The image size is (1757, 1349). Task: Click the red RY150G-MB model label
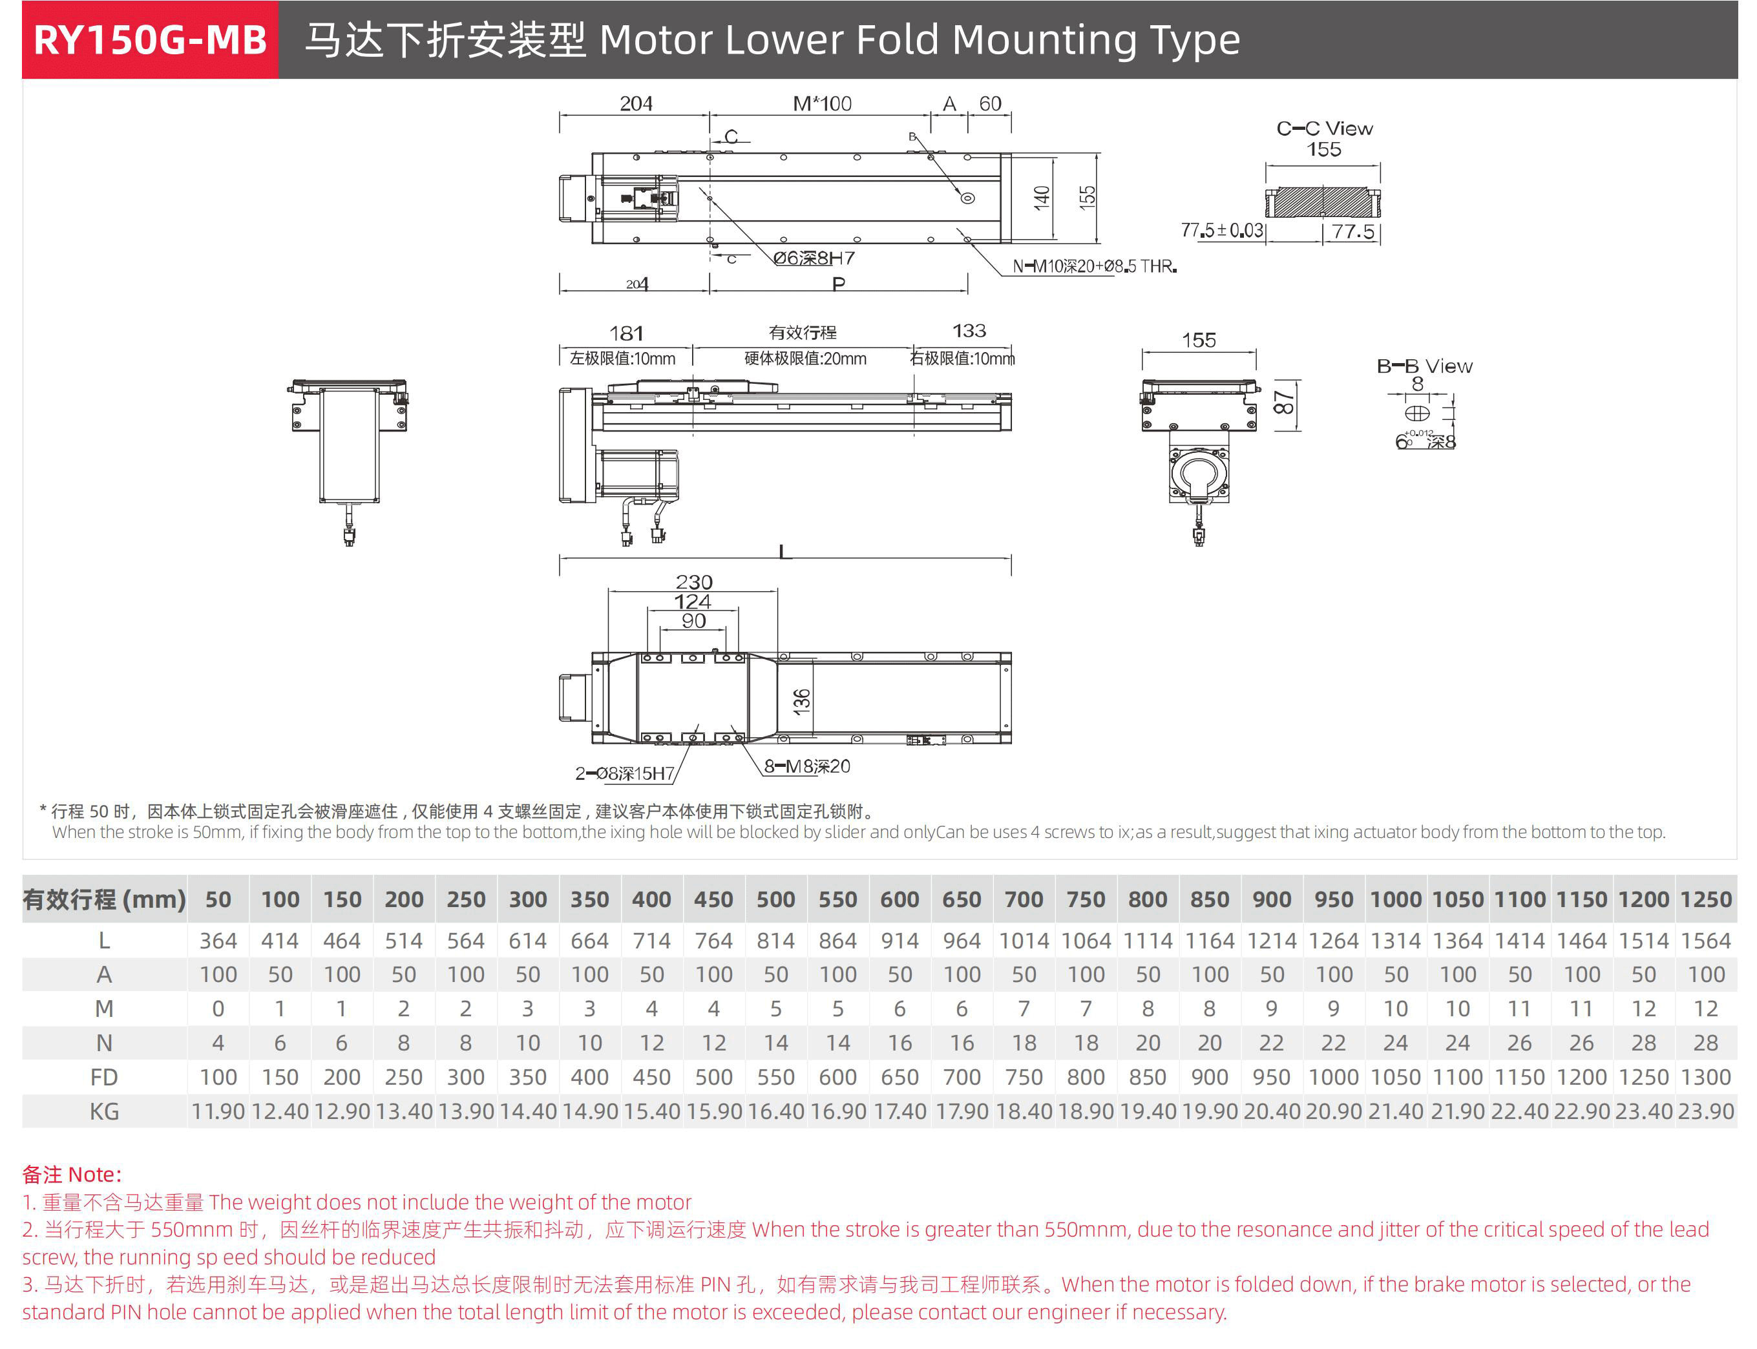click(x=150, y=40)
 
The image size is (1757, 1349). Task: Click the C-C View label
click(x=1324, y=129)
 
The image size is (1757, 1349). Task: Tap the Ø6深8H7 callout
click(x=814, y=258)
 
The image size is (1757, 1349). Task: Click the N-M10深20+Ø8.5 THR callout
click(x=1094, y=266)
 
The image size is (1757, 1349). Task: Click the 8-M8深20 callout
click(x=806, y=766)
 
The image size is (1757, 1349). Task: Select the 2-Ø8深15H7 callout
click(x=625, y=773)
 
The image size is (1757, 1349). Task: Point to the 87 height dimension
click(x=1284, y=403)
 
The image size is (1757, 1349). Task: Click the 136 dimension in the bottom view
click(x=801, y=701)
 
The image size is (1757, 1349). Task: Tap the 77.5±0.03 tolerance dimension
click(x=1221, y=231)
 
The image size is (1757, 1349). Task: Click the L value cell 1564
click(x=1705, y=940)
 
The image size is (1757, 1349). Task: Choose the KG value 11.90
click(x=218, y=1111)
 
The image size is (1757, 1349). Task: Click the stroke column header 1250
click(x=1705, y=899)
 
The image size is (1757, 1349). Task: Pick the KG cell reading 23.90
click(x=1705, y=1111)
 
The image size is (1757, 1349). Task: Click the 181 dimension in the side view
click(x=626, y=333)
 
